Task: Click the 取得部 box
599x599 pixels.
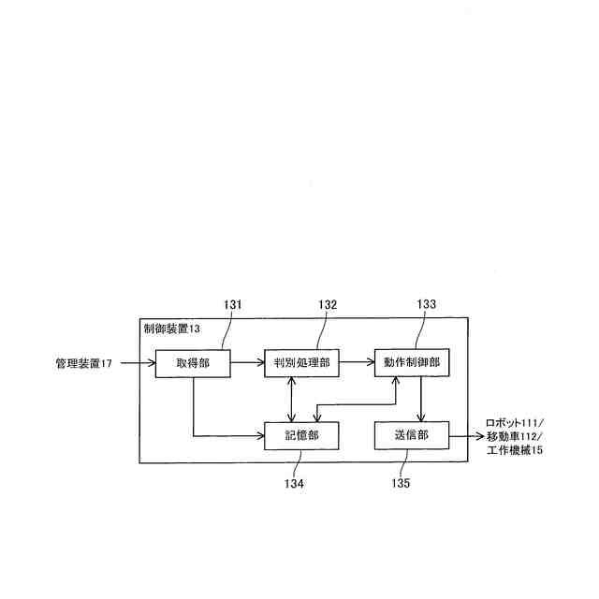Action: [192, 362]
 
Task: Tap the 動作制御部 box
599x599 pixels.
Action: [408, 362]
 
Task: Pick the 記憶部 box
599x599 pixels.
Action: [300, 435]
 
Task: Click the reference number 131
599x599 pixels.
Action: [233, 304]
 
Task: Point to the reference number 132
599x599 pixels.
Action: [328, 304]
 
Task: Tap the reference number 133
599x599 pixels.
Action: [426, 304]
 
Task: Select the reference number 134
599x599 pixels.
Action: [295, 484]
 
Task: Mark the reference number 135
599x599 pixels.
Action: [399, 484]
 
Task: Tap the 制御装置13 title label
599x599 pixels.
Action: [172, 329]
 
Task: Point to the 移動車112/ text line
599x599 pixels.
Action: [515, 436]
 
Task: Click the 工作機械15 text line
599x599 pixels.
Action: [515, 450]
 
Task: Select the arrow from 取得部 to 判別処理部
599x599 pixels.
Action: [247, 362]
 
